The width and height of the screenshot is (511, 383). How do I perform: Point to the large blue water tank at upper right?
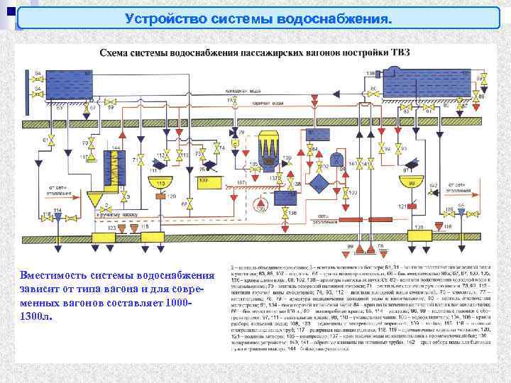tap(427, 86)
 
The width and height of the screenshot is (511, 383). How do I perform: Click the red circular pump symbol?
tap(263, 206)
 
